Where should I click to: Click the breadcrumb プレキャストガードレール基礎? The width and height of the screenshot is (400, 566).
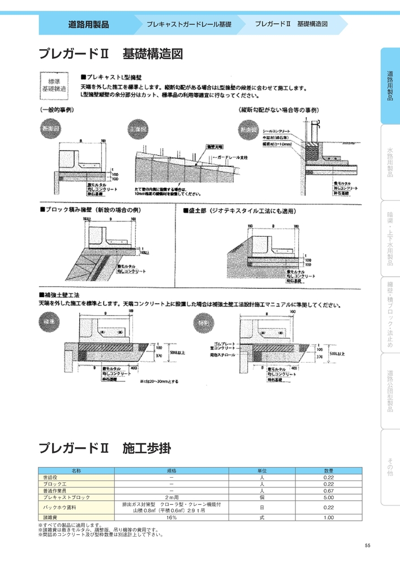pyautogui.click(x=188, y=25)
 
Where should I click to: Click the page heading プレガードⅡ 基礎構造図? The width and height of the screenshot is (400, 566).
pyautogui.click(x=110, y=54)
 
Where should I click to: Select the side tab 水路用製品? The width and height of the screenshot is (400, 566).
pyautogui.click(x=390, y=162)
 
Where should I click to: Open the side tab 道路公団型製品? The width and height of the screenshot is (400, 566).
pyautogui.click(x=390, y=391)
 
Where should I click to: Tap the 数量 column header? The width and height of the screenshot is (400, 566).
pyautogui.click(x=329, y=471)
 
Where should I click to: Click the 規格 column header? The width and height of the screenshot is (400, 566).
pyautogui.click(x=171, y=471)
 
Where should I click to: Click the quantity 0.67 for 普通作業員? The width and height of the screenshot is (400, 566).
pyautogui.click(x=329, y=491)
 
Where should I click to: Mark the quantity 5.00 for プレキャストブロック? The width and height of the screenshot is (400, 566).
pyautogui.click(x=329, y=498)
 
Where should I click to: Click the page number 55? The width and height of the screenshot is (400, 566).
pyautogui.click(x=367, y=545)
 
